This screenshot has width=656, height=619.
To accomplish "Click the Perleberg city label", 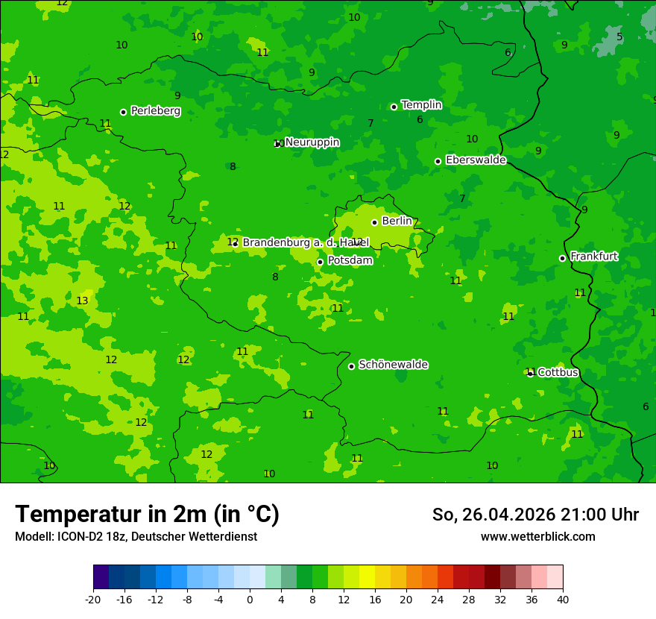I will coord(155,111).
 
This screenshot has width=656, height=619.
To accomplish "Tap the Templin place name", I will coord(421,105).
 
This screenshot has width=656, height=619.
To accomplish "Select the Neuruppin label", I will coord(312,142).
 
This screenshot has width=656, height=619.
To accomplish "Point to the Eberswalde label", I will coord(476,160).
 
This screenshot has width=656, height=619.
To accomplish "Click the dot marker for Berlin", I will coord(374,222).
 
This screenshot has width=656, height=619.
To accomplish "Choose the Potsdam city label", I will coord(350,261).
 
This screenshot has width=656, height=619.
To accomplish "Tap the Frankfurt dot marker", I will coord(562,258).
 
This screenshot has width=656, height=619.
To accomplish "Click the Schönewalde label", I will coord(393,365).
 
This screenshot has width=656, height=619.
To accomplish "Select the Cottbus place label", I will coord(558,372).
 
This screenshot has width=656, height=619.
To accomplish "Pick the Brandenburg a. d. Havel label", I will coord(306,243).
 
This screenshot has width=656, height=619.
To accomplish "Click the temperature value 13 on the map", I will coord(82,301).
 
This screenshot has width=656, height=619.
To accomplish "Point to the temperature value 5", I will coord(619,37).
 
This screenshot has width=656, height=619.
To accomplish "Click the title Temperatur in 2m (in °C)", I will coord(147,514).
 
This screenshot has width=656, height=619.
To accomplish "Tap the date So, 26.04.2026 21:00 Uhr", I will coord(535,515).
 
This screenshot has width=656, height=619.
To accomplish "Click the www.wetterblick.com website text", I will coord(537,537).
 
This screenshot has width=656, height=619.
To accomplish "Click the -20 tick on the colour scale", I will coord(93,599).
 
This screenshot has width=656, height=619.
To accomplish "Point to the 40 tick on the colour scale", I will coord(563,599).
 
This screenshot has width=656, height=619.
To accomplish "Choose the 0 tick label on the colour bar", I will coord(250,599).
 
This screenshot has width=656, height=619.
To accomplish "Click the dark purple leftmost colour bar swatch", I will coord(101,577).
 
